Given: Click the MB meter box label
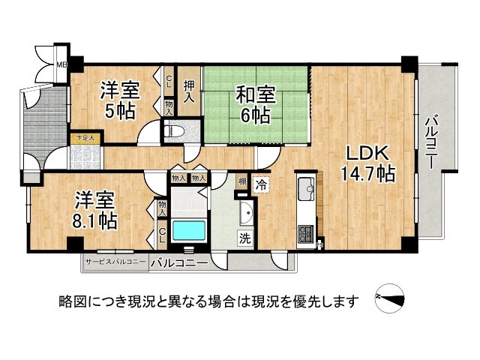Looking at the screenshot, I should (x=62, y=64).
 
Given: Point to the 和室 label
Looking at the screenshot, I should (x=256, y=95).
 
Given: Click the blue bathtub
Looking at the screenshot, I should (x=187, y=229).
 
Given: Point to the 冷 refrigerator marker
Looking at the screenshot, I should (x=262, y=182).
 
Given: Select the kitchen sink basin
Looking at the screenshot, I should (x=307, y=186).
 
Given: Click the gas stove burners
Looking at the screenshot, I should (x=307, y=235).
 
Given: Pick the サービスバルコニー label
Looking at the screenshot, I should (x=115, y=263).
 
